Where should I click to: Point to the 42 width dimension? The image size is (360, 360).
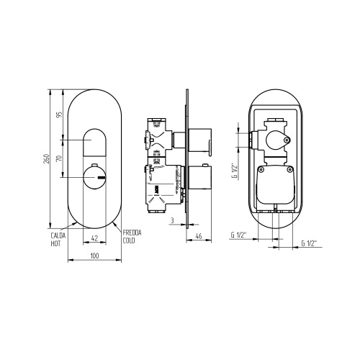click(x=94, y=238)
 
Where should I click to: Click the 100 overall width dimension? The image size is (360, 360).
click(x=94, y=255)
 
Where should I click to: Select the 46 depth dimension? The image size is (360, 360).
click(x=197, y=238)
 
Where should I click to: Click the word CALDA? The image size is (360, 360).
click(x=59, y=235)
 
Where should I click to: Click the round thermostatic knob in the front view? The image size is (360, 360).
click(x=94, y=176)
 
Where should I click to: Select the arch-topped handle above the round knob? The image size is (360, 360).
click(x=94, y=143)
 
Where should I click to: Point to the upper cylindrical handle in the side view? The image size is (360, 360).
click(x=201, y=140)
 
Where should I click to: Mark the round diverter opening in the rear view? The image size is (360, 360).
click(x=276, y=138)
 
